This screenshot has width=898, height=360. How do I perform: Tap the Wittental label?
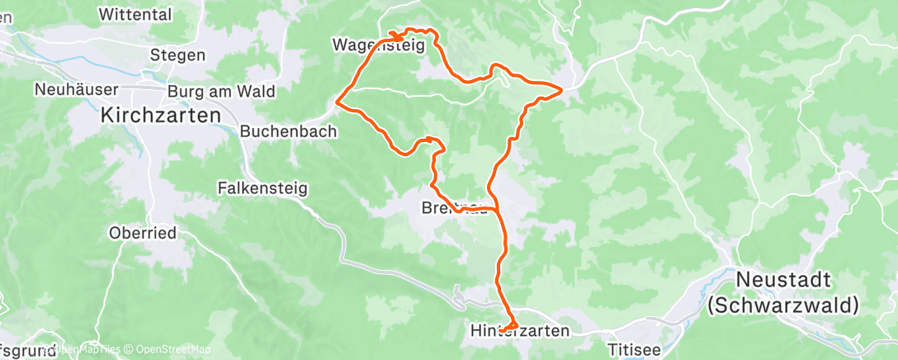tap(135, 14)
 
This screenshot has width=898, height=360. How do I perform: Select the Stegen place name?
tap(177, 55)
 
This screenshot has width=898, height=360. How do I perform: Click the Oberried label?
tap(143, 233)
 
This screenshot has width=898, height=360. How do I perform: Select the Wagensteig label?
tap(379, 45)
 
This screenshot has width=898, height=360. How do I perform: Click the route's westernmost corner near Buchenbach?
tap(338, 102)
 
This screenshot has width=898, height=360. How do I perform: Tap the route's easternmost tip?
tap(563, 88)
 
